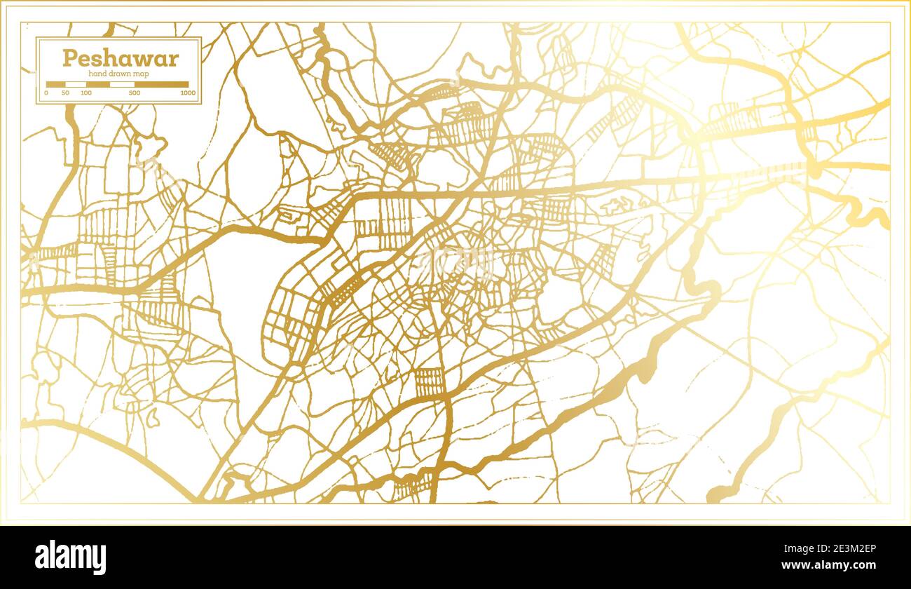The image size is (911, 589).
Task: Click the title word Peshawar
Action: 120,58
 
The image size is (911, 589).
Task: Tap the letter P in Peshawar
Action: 69,58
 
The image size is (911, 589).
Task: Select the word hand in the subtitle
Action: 97,74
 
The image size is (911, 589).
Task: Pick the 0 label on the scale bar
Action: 46,93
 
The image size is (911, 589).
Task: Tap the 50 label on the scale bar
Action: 65,93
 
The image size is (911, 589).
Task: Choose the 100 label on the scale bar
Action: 86,93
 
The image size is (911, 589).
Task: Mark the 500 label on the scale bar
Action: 135,93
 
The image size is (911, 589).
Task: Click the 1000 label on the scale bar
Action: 187,93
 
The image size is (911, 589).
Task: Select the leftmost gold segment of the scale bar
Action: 55,84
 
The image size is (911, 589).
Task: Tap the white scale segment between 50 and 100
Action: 76,84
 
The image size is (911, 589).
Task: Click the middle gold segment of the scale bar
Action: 98,84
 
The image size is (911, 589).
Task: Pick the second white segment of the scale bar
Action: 122,84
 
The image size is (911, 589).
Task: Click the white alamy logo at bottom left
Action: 71,557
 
